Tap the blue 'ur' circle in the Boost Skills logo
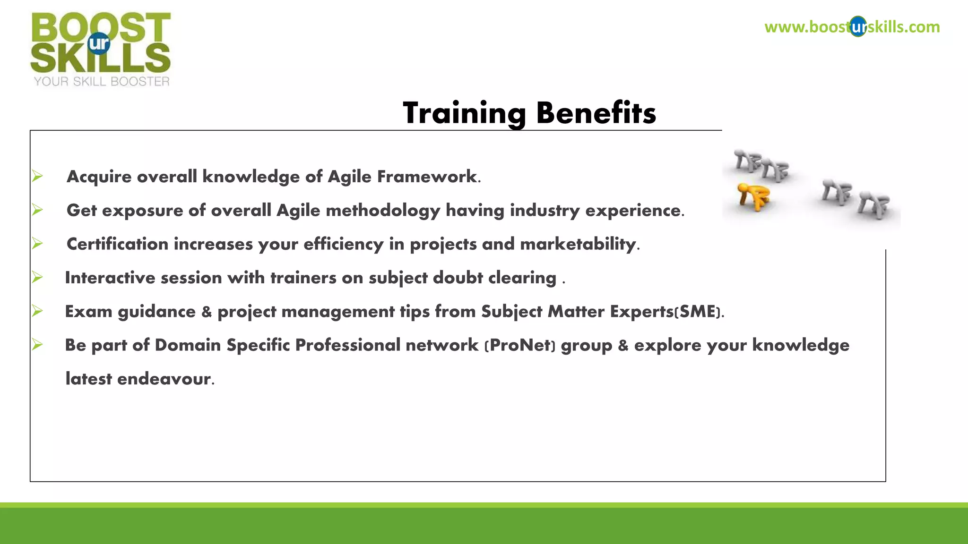point(99,43)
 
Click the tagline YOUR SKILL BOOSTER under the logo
point(102,82)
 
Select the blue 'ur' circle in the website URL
point(858,27)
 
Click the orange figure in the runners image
point(753,196)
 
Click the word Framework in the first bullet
point(427,177)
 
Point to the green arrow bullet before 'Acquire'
point(37,176)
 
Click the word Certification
point(117,244)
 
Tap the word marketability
point(578,244)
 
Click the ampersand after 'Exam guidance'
point(207,312)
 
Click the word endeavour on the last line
point(164,379)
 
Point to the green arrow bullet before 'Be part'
point(37,345)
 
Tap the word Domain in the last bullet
point(188,345)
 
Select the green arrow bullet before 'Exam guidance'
point(37,311)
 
